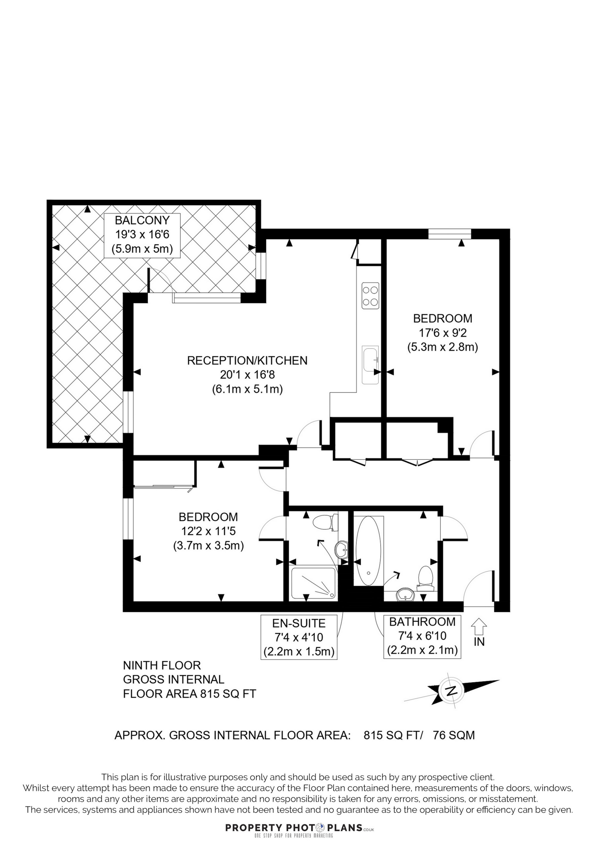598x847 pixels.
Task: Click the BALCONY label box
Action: click(x=142, y=235)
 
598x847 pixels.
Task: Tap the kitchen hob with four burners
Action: click(x=371, y=295)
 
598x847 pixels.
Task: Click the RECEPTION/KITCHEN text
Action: click(x=247, y=360)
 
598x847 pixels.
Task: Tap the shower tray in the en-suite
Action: click(x=314, y=584)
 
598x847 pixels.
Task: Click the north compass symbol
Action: click(x=451, y=691)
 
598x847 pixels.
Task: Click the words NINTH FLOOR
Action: click(x=162, y=666)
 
